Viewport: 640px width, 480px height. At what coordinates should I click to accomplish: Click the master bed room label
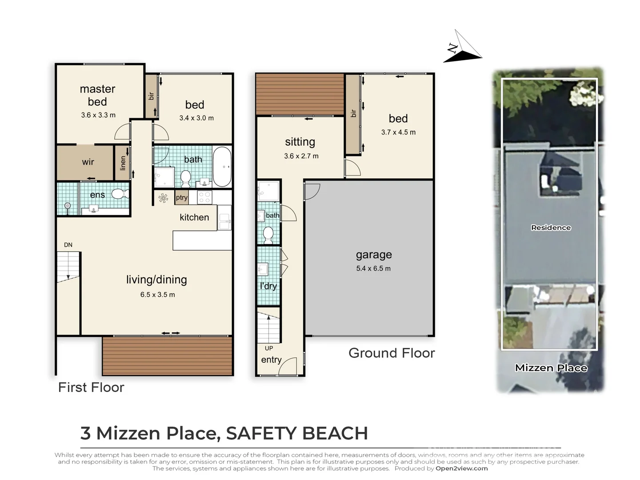click(97, 95)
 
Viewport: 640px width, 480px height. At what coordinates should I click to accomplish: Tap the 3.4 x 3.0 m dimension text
click(196, 118)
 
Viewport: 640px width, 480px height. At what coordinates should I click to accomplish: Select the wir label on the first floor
click(88, 162)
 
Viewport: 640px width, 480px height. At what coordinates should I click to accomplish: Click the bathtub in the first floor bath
click(222, 167)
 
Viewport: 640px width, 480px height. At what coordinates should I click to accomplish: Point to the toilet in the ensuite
click(119, 194)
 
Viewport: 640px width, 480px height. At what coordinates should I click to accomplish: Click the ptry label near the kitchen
click(181, 198)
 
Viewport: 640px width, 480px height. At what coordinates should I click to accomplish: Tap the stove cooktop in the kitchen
click(204, 197)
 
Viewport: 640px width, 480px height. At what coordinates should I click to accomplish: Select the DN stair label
click(68, 245)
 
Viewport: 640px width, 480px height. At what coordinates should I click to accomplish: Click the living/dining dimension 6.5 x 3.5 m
click(157, 295)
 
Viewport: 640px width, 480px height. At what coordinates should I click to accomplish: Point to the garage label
click(374, 255)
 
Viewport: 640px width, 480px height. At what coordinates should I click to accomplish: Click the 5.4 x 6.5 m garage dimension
click(373, 268)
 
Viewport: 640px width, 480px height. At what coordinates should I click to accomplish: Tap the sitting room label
click(300, 142)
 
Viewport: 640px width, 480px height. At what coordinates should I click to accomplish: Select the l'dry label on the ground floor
click(268, 286)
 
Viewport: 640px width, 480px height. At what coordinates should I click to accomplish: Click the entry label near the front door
click(271, 360)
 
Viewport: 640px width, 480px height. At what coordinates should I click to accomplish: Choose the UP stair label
click(269, 348)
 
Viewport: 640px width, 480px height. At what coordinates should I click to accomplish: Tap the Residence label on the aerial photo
click(551, 228)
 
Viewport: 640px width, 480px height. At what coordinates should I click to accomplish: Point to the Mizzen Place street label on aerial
click(551, 368)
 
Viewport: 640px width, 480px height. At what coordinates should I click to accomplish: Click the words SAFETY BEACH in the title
click(297, 433)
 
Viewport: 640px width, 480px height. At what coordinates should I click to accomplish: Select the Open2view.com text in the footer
click(461, 468)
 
